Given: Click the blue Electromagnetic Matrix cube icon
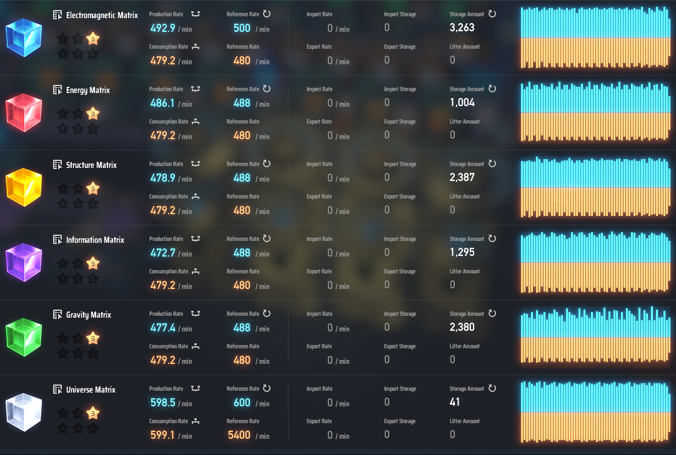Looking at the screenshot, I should point(24,37).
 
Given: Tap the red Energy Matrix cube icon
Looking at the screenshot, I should point(24,112).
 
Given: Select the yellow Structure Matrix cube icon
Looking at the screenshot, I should point(24,187).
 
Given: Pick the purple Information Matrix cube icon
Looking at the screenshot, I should point(24,262).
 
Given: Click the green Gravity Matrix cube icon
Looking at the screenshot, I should point(24,337).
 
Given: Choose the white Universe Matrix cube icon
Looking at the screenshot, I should point(24,412).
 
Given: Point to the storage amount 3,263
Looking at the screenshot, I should point(462,27).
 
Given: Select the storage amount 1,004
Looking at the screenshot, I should point(462,102).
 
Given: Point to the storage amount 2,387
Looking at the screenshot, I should point(462,177).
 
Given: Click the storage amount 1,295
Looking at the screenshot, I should point(462,252).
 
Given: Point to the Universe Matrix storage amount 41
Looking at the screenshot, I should point(454,402).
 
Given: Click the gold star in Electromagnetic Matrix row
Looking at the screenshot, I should point(93,39).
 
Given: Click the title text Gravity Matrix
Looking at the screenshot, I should point(88,315).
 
